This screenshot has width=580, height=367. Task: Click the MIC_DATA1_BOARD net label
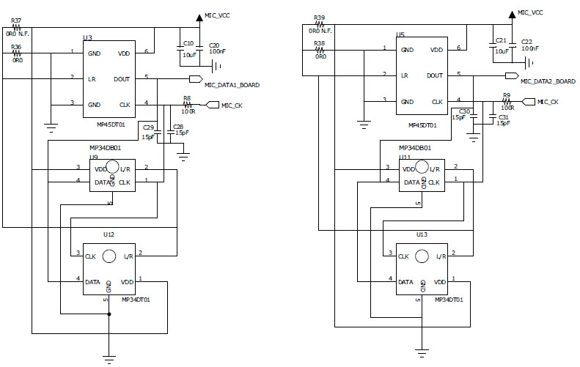(232, 85)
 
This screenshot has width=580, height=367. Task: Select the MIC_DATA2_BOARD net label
(548, 81)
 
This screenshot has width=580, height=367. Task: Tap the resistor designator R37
(16, 20)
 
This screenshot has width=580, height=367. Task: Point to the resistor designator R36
(16, 47)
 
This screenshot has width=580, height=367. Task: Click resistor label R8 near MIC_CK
(187, 97)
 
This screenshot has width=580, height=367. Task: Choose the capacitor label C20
(214, 45)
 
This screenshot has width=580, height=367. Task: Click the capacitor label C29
(148, 127)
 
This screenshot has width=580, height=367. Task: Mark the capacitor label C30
(464, 111)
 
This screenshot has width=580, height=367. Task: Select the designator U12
(108, 234)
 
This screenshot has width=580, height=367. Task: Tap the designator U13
(421, 234)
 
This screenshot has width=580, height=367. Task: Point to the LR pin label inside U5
(404, 75)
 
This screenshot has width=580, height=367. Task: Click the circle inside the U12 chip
(109, 256)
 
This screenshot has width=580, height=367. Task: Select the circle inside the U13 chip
(422, 256)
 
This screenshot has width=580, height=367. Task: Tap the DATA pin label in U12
(92, 281)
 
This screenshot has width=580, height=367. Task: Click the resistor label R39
(318, 17)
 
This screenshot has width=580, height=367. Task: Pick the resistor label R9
(506, 95)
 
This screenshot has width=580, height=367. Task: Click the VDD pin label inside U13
(440, 281)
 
